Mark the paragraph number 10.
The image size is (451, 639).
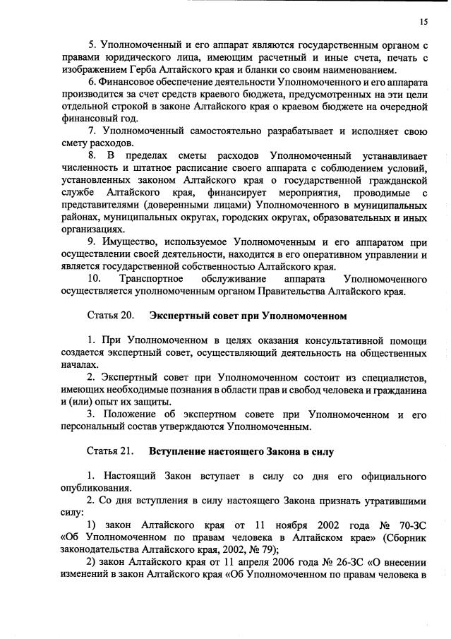click(94, 278)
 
